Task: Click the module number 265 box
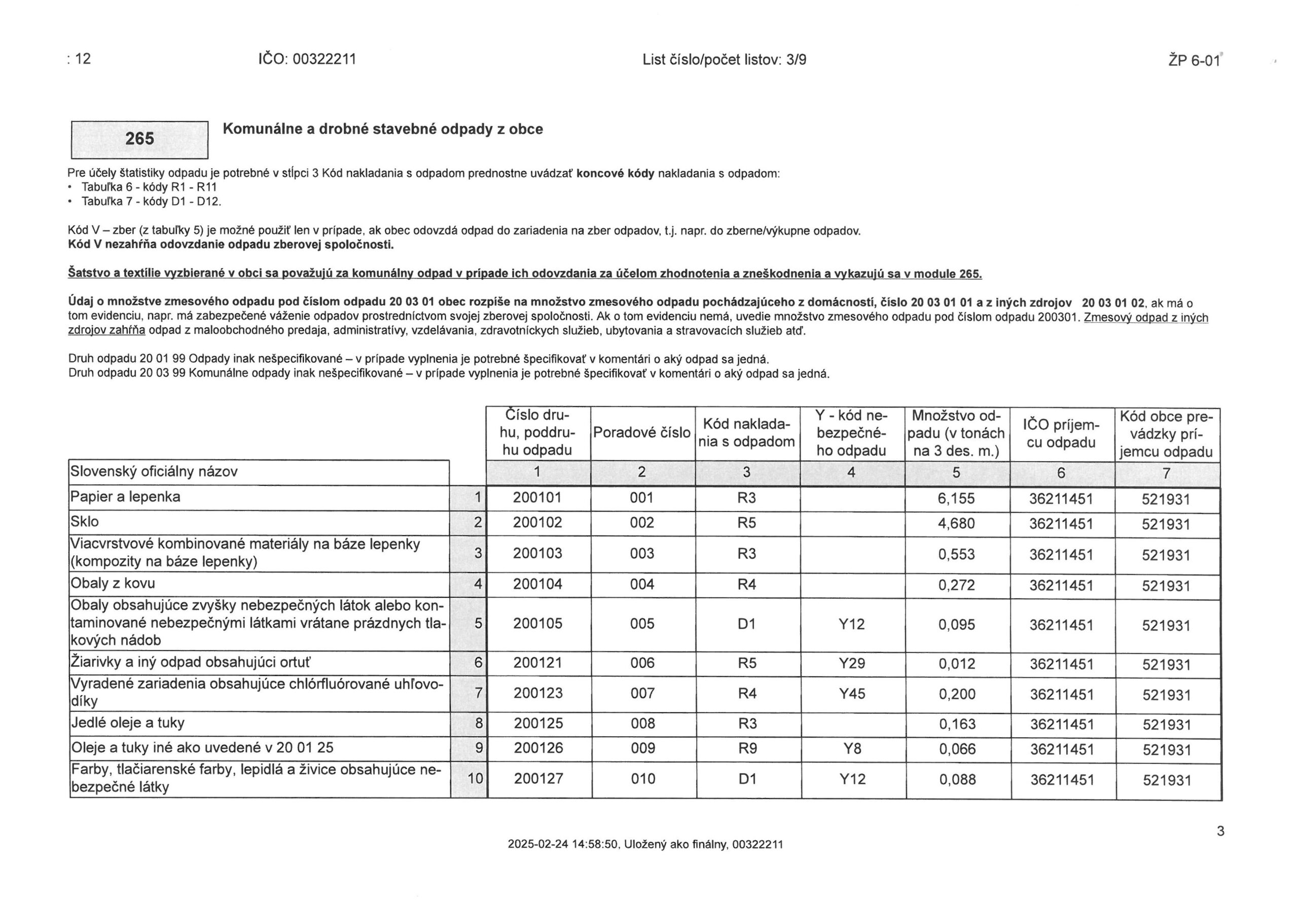[139, 139]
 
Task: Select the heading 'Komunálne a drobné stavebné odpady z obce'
[382, 129]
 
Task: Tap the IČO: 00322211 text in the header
[307, 59]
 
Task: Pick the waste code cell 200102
[537, 523]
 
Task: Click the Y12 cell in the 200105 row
[851, 624]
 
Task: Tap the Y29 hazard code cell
[852, 663]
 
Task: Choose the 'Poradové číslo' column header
[642, 433]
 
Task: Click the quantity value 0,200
[957, 694]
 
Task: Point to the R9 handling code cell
[747, 749]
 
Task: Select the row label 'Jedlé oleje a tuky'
[128, 723]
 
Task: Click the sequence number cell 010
[642, 779]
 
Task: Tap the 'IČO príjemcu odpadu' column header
[1061, 433]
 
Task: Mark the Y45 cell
[852, 694]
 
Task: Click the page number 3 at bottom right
[1220, 831]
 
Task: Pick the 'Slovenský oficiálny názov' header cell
[154, 472]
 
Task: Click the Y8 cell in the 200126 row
[852, 749]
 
